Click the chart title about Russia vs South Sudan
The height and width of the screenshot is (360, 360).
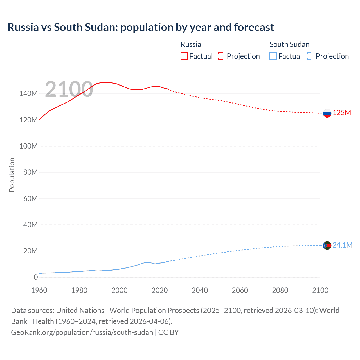141,27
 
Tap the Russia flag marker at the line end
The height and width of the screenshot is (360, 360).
327,113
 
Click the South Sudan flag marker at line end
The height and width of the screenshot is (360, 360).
327,246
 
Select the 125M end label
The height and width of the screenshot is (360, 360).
342,113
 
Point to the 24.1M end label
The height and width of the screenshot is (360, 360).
342,245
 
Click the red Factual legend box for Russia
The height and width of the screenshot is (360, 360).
184,56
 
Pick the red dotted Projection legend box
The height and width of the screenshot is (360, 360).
222,56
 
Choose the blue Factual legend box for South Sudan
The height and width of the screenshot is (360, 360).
273,56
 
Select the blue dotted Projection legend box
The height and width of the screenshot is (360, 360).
310,56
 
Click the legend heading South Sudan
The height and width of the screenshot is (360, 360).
289,44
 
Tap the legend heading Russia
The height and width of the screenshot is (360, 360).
191,44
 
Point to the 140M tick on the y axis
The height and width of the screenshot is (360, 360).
28,94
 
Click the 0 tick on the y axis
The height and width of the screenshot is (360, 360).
35,277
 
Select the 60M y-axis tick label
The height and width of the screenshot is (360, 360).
30,199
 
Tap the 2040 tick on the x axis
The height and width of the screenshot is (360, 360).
200,290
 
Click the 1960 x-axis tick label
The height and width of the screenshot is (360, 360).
39,290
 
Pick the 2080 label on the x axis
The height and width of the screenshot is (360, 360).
280,290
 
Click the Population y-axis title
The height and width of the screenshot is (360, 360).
12,175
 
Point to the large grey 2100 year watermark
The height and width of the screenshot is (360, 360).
69,89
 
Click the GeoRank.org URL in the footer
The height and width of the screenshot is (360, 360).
82,332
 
